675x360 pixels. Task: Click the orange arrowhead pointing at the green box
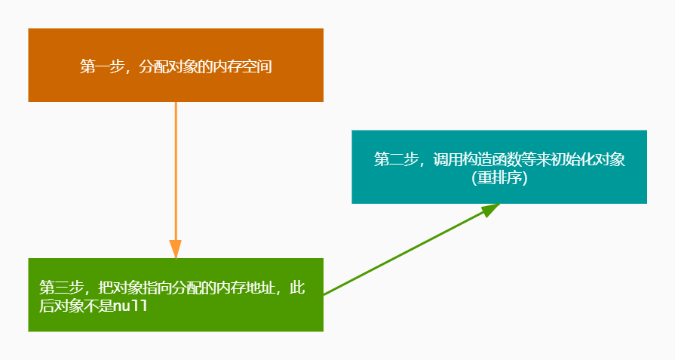coord(175,249)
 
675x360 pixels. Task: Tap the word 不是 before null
coord(97,306)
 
